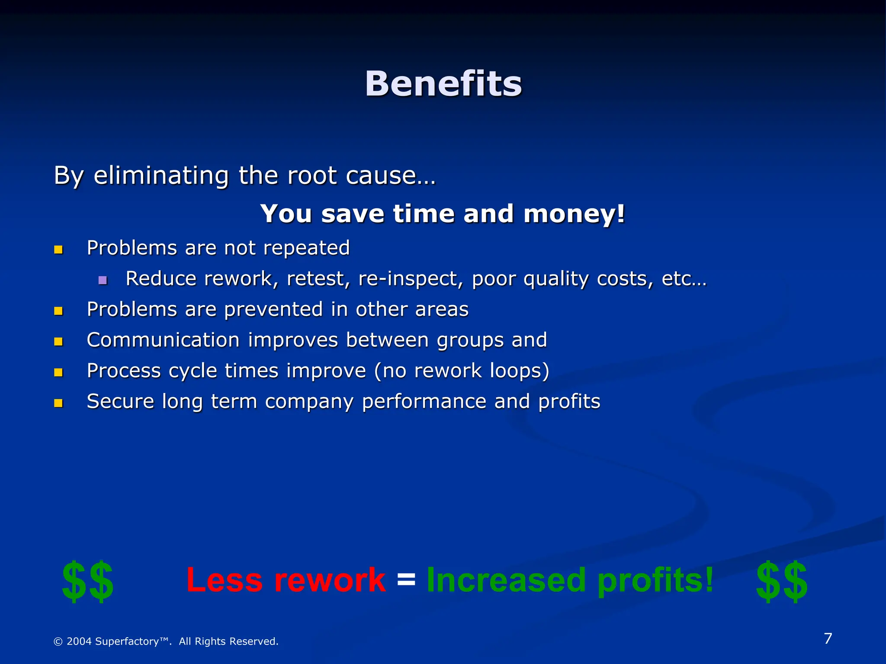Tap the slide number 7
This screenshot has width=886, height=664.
pos(828,638)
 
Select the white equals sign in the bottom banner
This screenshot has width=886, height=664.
pos(406,579)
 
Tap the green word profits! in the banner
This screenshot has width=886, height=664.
pos(655,581)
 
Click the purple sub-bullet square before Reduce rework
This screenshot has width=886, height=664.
pos(103,280)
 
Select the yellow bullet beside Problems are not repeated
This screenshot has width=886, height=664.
pos(58,249)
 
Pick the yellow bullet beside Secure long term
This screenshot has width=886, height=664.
pos(58,403)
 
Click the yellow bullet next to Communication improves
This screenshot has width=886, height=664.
pos(58,342)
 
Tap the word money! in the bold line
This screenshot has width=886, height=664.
pos(574,214)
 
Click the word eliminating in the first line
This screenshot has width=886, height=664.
pos(161,176)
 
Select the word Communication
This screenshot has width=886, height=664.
pos(163,340)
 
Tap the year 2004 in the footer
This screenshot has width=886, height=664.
pos(79,641)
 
